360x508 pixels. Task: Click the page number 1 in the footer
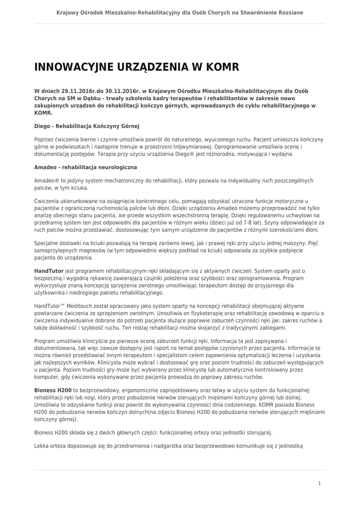tap(319, 483)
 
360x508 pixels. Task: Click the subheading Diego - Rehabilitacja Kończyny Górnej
tap(87, 126)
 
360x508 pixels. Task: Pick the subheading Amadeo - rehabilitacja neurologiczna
tap(85, 168)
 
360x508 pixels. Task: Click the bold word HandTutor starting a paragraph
tap(49, 271)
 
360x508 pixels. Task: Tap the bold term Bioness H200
tap(53, 391)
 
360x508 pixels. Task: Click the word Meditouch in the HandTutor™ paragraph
tap(78, 306)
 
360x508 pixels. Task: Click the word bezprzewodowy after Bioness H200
tap(105, 391)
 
